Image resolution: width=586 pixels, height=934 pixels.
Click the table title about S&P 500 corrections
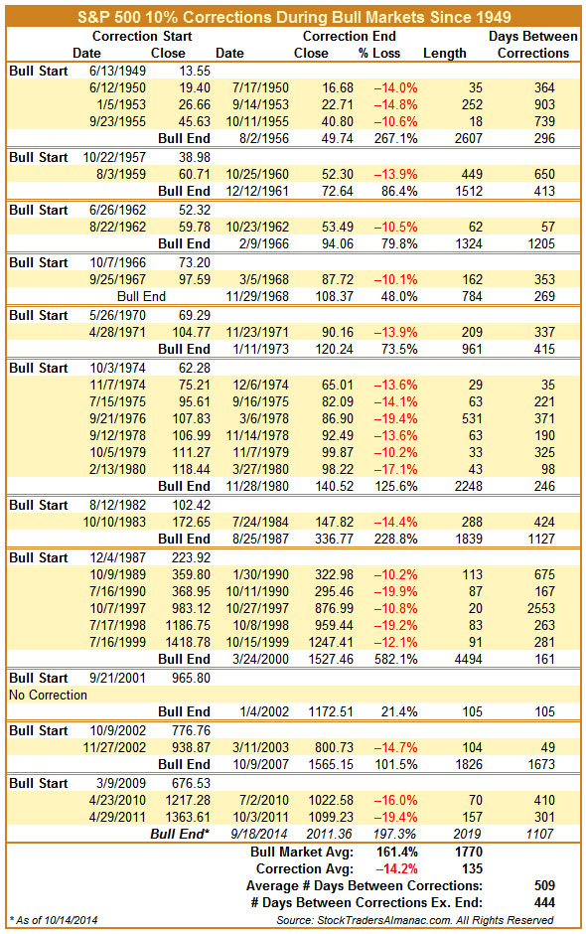pos(294,17)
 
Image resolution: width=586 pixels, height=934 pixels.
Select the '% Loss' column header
pos(379,53)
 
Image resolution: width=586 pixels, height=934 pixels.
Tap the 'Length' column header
pos(445,53)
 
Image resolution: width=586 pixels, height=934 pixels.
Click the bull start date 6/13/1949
pos(117,71)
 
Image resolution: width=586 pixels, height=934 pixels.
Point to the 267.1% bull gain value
pos(396,138)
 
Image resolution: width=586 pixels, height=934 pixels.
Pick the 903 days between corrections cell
pos(544,105)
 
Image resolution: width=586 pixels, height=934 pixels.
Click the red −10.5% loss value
pos(395,227)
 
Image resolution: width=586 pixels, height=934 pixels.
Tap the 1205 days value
pos(540,243)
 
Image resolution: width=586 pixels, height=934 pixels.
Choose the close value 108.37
pos(334,296)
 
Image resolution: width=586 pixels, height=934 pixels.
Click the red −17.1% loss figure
pos(395,469)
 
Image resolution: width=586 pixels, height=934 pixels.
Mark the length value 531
pos(472,418)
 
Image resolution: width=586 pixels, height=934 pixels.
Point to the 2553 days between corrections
pos(540,609)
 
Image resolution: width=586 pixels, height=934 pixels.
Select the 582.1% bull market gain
pos(396,660)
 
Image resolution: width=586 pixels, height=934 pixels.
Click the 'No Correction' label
pos(48,696)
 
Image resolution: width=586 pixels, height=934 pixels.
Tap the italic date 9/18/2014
pos(259,834)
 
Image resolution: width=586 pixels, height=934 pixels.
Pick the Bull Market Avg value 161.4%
pos(396,852)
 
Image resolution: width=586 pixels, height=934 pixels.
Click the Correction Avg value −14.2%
pos(395,868)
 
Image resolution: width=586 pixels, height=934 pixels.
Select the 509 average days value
pos(544,885)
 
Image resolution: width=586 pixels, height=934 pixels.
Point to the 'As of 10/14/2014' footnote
pos(54,920)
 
